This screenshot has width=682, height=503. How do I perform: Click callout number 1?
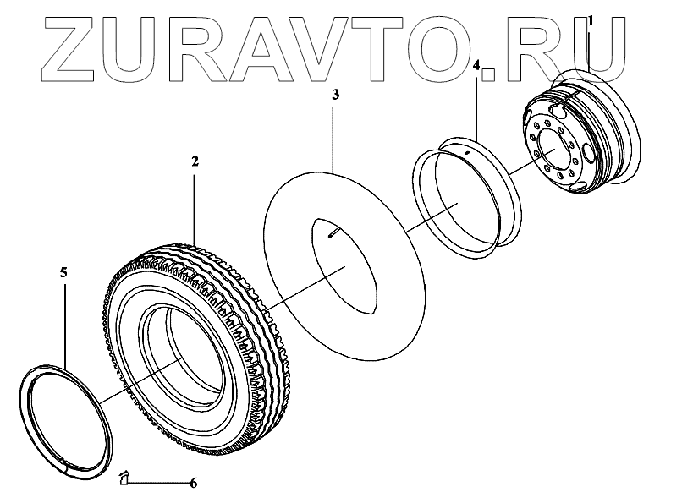click(591, 19)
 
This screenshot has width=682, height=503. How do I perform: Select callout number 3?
click(335, 96)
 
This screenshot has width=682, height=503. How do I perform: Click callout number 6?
click(193, 484)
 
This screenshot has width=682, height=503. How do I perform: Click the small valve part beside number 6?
click(124, 479)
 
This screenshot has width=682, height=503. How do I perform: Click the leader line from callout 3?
click(335, 135)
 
